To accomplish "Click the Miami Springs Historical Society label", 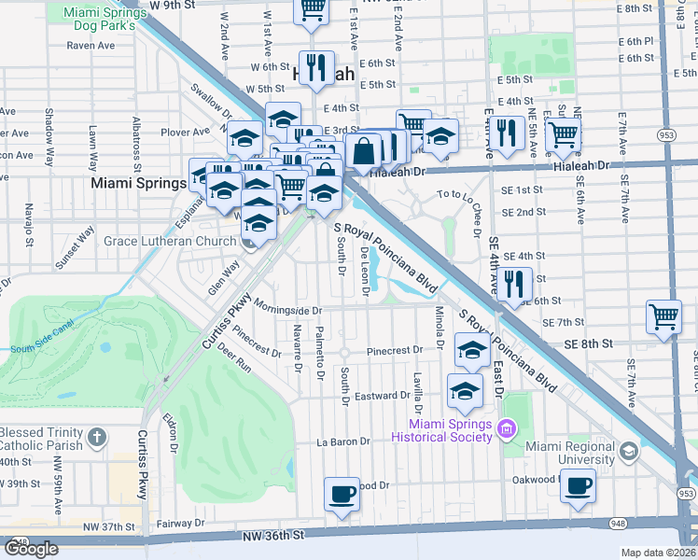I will [x=441, y=430].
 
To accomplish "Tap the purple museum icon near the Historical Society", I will [x=507, y=430].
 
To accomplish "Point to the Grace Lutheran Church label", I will [x=170, y=242].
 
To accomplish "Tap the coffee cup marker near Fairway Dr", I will [x=342, y=494].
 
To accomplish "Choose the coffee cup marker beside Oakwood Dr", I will [x=578, y=485].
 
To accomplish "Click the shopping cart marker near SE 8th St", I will [x=663, y=316].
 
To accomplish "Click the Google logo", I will [x=31, y=549].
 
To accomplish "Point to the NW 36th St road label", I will [x=272, y=536].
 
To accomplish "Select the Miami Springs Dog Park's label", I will [x=101, y=20].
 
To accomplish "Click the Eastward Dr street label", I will [x=377, y=396].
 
